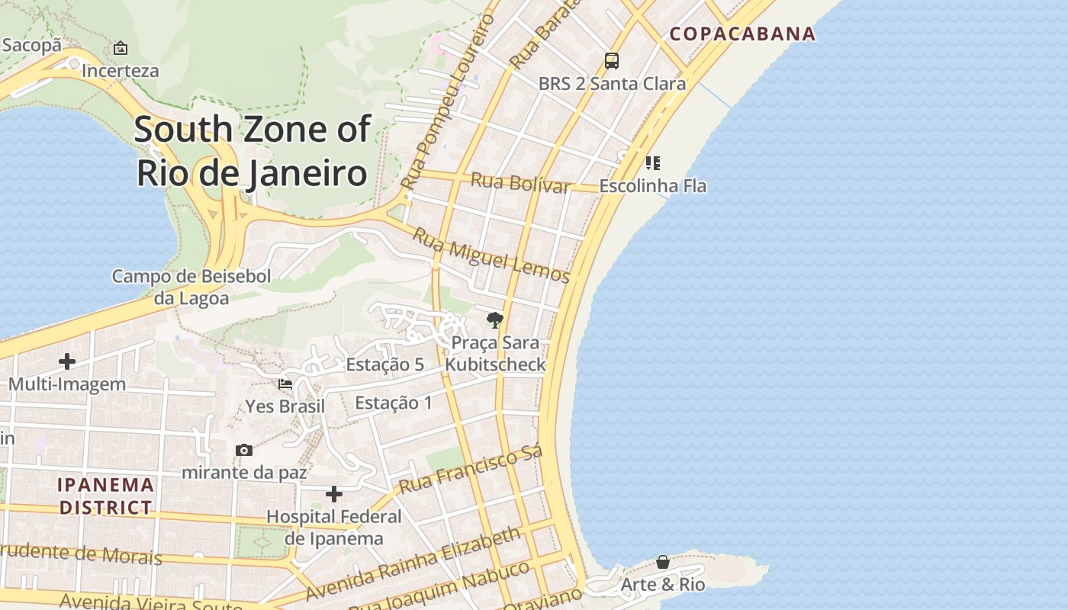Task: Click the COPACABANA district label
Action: (742, 34)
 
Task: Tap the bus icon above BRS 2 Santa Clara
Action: (611, 60)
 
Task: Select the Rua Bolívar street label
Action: (520, 183)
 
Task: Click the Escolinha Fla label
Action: (653, 186)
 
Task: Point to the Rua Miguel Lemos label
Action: (491, 255)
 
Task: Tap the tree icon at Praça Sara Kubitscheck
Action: (494, 319)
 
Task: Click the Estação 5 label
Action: (384, 364)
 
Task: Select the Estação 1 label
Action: (393, 403)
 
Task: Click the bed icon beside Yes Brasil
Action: (285, 384)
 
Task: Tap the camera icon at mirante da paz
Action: (244, 450)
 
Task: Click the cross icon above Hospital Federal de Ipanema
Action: (333, 494)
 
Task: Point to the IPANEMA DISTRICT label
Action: (106, 496)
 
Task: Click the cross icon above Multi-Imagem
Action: (67, 361)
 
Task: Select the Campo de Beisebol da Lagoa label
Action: (191, 287)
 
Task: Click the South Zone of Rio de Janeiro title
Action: (253, 151)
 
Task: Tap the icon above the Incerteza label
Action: (121, 49)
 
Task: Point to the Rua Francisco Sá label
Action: (470, 470)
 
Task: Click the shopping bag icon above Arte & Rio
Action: (663, 562)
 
